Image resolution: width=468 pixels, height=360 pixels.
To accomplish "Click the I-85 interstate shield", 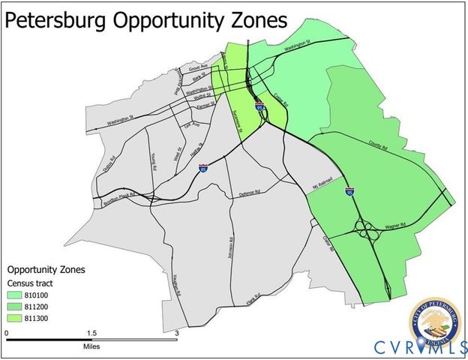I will pyautogui.click(x=203, y=169).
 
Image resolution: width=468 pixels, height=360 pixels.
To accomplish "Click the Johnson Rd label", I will pyautogui.click(x=231, y=250).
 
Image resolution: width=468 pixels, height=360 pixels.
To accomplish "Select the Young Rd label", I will pyautogui.click(x=154, y=163).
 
